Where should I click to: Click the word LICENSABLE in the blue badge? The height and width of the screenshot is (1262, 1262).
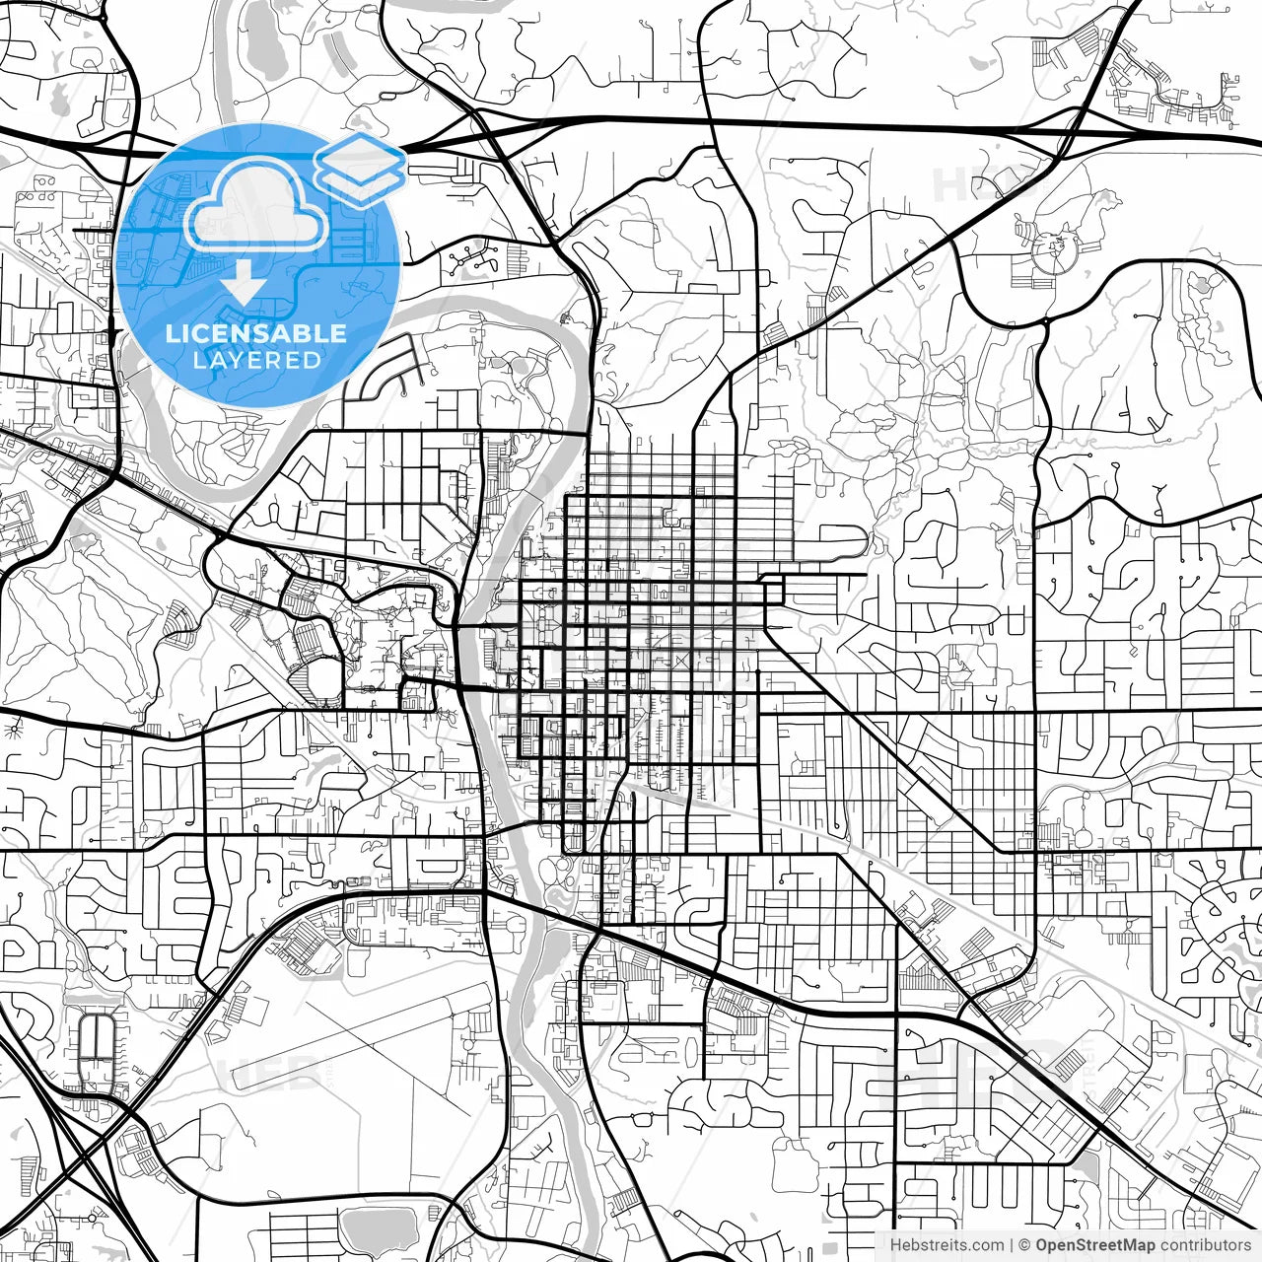tap(255, 333)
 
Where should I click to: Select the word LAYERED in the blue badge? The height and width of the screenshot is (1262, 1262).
tap(256, 361)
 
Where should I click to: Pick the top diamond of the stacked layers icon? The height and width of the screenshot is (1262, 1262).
tap(359, 155)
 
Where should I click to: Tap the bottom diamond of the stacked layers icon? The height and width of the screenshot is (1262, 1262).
tap(360, 183)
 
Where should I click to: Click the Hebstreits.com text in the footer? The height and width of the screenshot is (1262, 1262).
tap(946, 1245)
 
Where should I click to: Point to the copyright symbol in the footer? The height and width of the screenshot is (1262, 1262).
tap(1024, 1245)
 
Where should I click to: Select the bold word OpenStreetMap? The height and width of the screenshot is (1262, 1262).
tap(1094, 1245)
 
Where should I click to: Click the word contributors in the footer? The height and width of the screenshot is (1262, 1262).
tap(1205, 1245)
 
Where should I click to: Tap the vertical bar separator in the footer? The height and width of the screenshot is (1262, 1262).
tap(1012, 1245)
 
